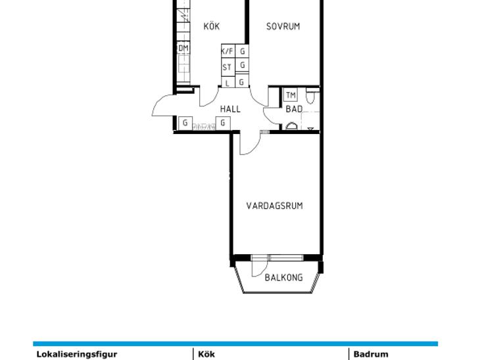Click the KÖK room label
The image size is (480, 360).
212,26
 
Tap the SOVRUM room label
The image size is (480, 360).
283,27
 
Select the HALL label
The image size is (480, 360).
230,109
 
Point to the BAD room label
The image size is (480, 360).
294,109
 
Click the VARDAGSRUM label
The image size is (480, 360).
275,206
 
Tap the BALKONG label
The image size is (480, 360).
284,277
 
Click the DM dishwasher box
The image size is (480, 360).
183,48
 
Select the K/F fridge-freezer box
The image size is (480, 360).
228,51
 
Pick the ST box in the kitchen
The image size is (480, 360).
228,66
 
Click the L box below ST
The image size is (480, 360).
228,82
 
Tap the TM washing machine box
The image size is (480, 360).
291,95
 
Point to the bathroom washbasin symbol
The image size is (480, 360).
291,126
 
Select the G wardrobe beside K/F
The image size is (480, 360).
242,51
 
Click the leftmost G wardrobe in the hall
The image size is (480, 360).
185,123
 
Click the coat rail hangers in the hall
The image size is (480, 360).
204,126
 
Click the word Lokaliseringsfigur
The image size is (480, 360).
77,354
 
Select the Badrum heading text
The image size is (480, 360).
371,354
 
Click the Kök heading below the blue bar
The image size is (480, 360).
206,354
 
